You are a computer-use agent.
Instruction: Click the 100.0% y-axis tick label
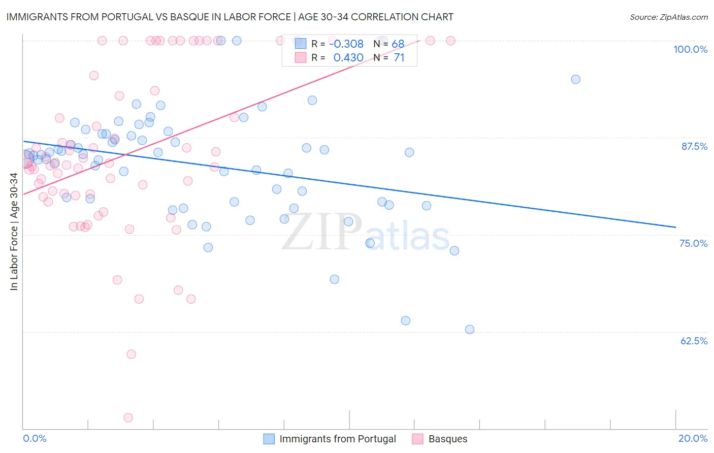point(690,49)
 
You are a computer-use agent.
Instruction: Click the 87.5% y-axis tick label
point(694,146)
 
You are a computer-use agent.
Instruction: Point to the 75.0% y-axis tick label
point(693,243)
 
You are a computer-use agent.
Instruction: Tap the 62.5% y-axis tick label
point(694,341)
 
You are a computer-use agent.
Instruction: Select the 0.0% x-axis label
point(35,438)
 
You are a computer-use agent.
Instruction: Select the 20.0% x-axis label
point(693,438)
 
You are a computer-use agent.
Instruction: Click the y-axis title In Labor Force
point(14,232)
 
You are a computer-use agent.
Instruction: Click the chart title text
point(230,17)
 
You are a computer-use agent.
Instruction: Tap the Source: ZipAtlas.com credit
point(668,17)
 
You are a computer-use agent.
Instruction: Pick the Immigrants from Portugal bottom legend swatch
point(269,439)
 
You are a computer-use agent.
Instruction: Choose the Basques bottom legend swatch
point(417,439)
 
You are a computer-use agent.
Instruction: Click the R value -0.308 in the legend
point(346,44)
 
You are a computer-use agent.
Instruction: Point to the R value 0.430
point(348,58)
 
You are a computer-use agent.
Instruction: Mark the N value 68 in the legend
point(398,44)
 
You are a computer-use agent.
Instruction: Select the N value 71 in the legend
point(399,58)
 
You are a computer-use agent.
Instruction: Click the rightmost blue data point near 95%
point(575,79)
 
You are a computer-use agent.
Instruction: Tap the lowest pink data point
point(128,417)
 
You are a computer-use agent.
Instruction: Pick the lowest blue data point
point(470,330)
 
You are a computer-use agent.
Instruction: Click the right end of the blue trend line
point(675,227)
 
